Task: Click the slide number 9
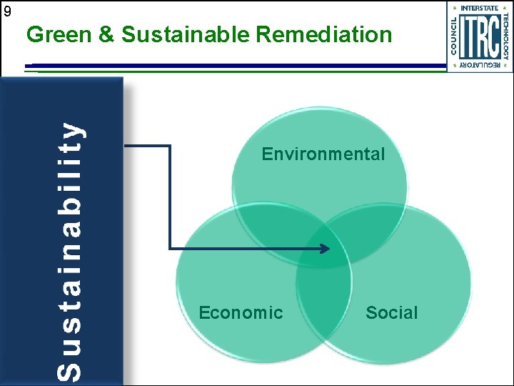(7, 11)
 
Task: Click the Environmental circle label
(323, 154)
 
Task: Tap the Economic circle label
(241, 312)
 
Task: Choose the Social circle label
(391, 312)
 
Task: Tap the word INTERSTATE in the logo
(480, 8)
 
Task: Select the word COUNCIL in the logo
(454, 35)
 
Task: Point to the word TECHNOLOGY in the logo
(505, 35)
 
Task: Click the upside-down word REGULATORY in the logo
(480, 65)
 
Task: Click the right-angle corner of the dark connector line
(170, 147)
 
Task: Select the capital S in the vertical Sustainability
(69, 369)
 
